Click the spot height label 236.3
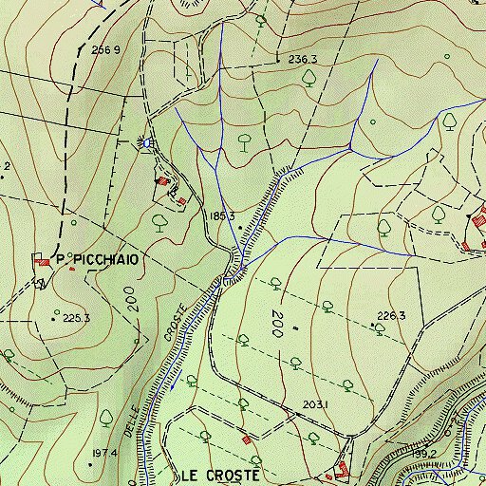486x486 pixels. coord(302,59)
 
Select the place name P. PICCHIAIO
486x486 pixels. coord(98,258)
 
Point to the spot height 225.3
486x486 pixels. coord(76,318)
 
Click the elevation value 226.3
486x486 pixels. coord(391,316)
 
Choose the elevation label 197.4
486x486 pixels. coord(104,454)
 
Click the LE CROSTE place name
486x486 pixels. coord(219,473)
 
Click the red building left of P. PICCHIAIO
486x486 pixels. coord(42,260)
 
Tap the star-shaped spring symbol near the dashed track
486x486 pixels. coord(145,142)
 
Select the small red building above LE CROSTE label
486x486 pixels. coord(248,439)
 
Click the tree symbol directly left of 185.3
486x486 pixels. coord(159,222)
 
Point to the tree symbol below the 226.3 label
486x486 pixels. coord(379,329)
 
